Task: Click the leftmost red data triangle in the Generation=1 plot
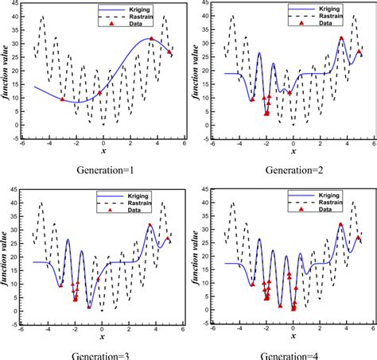tap(62, 99)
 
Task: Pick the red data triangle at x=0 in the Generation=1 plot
tap(100, 93)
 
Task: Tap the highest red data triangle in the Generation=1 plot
tap(152, 38)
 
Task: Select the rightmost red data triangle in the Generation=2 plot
tap(359, 52)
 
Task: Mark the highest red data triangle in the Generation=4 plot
tap(341, 224)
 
